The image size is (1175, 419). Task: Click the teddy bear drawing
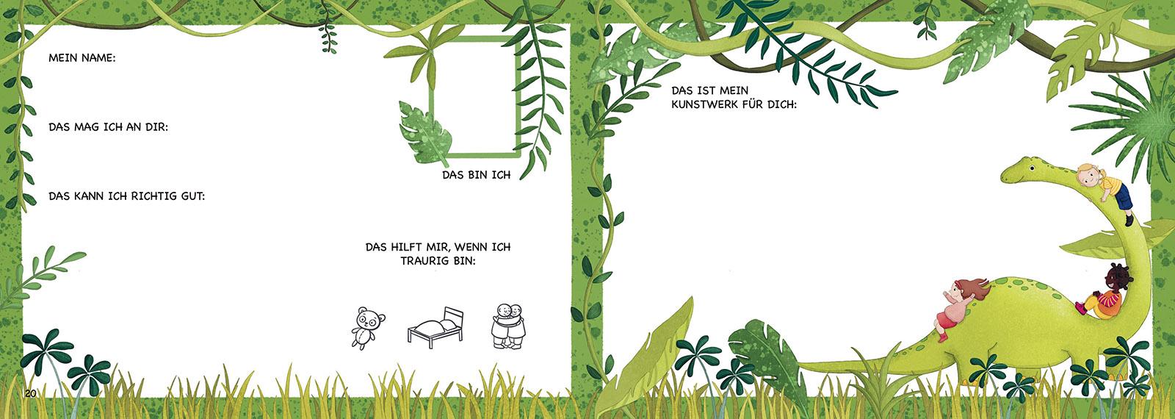[367, 328]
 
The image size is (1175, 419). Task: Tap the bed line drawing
[436, 328]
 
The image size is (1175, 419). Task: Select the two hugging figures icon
[508, 326]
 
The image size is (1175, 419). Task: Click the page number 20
[30, 394]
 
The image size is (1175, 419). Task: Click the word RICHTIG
[155, 196]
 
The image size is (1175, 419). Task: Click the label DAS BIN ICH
[477, 175]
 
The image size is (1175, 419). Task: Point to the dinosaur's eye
[1032, 168]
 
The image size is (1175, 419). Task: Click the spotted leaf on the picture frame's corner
[425, 134]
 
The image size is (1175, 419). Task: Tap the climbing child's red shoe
[942, 337]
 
